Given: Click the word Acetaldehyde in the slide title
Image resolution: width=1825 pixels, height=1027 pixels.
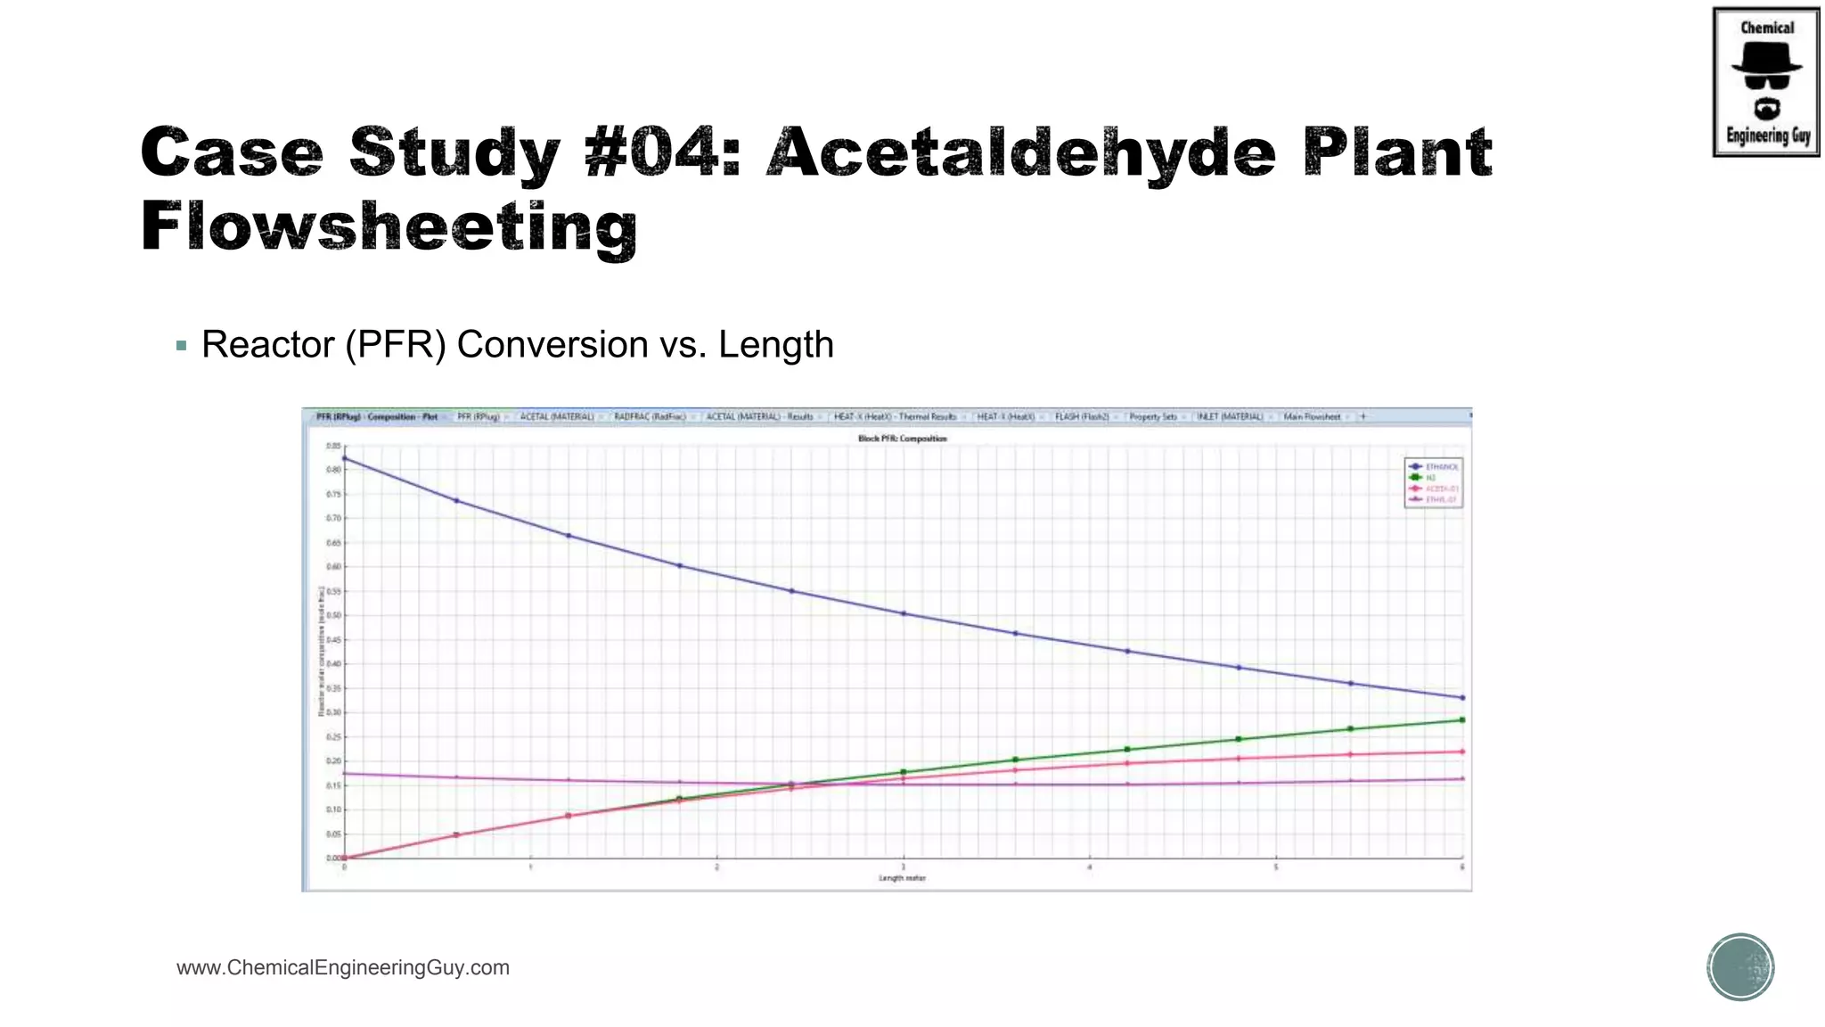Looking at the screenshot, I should pyautogui.click(x=1021, y=153).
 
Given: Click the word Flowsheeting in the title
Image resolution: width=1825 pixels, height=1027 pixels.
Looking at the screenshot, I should pyautogui.click(x=389, y=227).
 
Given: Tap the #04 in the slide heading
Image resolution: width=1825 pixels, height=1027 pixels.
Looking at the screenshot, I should pyautogui.click(x=662, y=153).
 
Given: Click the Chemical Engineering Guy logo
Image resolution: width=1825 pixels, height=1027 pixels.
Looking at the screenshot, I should pyautogui.click(x=1766, y=82).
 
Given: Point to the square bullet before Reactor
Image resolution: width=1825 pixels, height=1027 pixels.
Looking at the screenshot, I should pyautogui.click(x=182, y=346).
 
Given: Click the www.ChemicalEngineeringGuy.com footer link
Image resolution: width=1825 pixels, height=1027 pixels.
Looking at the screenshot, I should pyautogui.click(x=343, y=967).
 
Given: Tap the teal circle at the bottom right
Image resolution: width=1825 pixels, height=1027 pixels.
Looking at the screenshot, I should pyautogui.click(x=1740, y=967).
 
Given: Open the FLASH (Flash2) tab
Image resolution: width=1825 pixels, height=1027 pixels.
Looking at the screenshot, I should pyautogui.click(x=1082, y=416).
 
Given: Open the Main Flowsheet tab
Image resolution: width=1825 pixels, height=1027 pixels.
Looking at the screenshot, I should pyautogui.click(x=1312, y=416).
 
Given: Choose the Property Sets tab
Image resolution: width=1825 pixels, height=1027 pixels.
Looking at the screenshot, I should pyautogui.click(x=1153, y=416).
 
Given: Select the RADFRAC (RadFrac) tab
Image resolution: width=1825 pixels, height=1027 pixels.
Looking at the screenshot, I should pyautogui.click(x=651, y=416).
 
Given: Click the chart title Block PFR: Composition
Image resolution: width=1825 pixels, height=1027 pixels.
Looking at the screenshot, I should pyautogui.click(x=902, y=439).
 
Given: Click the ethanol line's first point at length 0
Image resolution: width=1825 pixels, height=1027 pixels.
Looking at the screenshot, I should pyautogui.click(x=345, y=459).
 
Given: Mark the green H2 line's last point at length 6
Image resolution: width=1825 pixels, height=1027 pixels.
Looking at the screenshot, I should pyautogui.click(x=1462, y=719).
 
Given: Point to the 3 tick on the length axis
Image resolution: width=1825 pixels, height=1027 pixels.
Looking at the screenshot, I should pyautogui.click(x=903, y=867).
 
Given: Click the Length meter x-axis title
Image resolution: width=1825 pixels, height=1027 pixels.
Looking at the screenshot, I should pyautogui.click(x=902, y=878).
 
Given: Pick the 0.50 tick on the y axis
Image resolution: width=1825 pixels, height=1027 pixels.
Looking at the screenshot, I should pyautogui.click(x=333, y=615).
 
